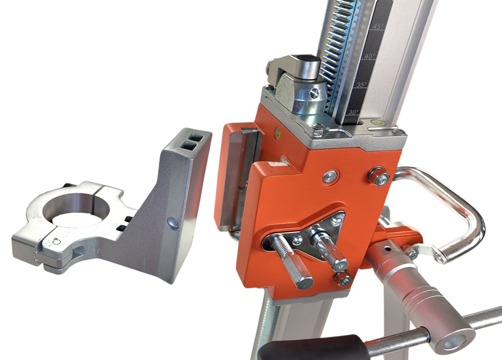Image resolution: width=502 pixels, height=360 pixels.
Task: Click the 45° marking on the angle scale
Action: [x=378, y=26]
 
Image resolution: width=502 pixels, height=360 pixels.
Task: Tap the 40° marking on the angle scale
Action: [x=370, y=56]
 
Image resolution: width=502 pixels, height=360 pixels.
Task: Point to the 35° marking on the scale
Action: [x=362, y=85]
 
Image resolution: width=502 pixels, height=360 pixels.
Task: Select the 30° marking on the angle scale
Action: [x=354, y=112]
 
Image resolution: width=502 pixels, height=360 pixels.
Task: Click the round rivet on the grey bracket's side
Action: [x=173, y=223]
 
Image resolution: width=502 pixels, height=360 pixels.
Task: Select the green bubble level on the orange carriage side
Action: [x=278, y=132]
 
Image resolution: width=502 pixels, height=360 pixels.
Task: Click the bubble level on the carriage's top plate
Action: [x=378, y=122]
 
